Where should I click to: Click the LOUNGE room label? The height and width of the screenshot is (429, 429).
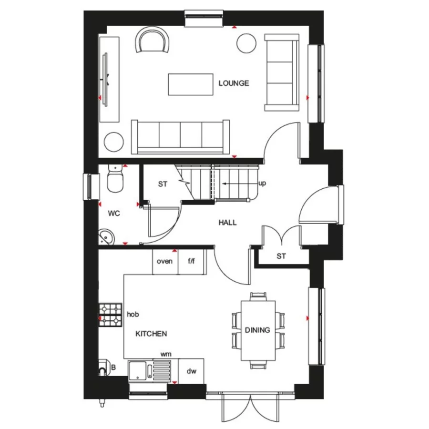tap(234, 83)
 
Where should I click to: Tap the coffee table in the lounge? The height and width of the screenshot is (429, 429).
tap(190, 84)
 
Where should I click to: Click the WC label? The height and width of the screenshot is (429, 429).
tap(114, 214)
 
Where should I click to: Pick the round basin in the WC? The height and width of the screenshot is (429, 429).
tap(106, 236)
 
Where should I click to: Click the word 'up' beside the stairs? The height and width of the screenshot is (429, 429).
tap(262, 184)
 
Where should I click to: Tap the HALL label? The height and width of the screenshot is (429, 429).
tap(227, 223)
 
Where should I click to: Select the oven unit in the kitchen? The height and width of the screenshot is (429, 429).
tap(165, 261)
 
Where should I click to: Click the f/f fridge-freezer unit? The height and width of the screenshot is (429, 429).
tap(192, 261)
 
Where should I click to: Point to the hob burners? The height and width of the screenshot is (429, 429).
tap(111, 315)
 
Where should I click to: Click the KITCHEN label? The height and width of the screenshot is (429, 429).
tap(152, 334)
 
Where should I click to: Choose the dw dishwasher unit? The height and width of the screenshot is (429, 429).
tap(191, 371)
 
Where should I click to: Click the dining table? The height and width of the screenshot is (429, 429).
tap(258, 330)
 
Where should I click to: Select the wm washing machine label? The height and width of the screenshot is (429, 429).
tap(166, 354)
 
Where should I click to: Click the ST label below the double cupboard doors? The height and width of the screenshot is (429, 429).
tap(281, 256)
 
